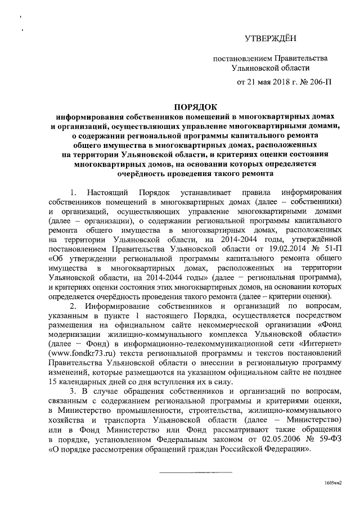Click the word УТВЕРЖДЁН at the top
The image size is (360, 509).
[270, 38]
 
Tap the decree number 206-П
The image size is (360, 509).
[318, 82]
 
